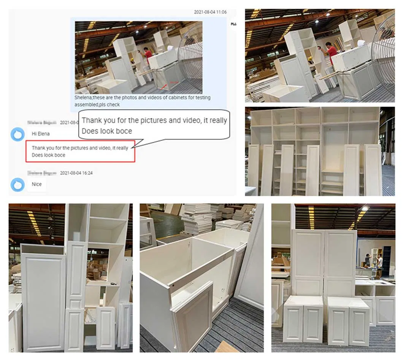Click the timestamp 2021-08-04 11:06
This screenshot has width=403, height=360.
[x=210, y=12]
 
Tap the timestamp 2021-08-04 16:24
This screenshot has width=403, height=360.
[x=76, y=173]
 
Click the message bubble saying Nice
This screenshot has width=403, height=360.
[x=37, y=184]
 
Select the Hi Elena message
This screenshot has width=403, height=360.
[x=41, y=134]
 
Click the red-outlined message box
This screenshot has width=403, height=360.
[x=80, y=151]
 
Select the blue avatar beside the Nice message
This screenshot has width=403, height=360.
[x=17, y=184]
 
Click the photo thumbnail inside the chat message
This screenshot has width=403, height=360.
[x=138, y=57]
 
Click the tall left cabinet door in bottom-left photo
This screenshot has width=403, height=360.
[x=43, y=301]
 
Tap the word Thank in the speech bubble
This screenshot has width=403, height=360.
[x=92, y=121]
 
